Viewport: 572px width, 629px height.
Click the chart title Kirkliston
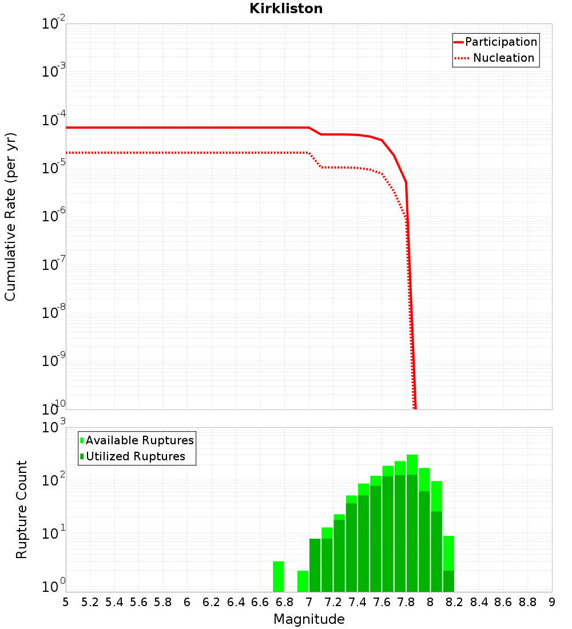tap(286, 9)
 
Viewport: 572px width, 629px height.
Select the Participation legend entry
tap(495, 42)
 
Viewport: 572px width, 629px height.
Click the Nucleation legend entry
tap(495, 58)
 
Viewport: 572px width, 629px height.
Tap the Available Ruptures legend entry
tap(137, 440)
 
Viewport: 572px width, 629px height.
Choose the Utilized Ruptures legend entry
tap(133, 456)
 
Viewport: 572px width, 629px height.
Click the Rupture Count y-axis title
tap(22, 509)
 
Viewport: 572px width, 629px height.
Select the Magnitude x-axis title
tap(309, 619)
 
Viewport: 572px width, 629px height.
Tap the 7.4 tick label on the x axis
tap(357, 602)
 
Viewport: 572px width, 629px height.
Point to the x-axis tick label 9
tap(551, 602)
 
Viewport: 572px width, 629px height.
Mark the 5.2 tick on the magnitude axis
tap(90, 602)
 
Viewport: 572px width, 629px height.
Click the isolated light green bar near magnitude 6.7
tap(279, 576)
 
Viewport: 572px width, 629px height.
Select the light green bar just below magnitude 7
tap(303, 581)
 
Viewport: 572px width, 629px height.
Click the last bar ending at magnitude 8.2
tap(448, 563)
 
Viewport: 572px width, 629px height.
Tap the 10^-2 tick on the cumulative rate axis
tap(54, 24)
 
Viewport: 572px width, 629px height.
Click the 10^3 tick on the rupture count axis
tap(54, 428)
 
